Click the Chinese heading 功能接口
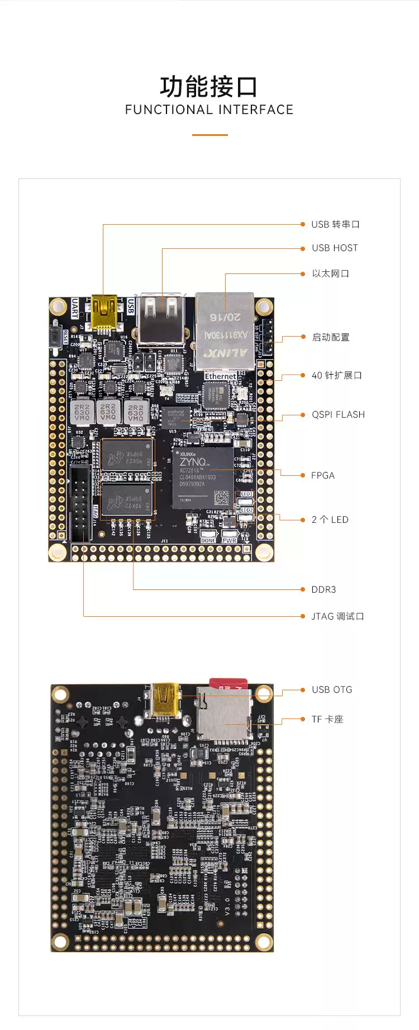pos(209,87)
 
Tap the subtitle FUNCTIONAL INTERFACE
pos(209,110)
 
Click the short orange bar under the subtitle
pos(209,135)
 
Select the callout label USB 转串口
pos(335,224)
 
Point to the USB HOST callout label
pos(335,248)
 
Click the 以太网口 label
pos(330,273)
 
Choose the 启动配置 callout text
pos(331,337)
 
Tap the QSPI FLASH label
pos(338,414)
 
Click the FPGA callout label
pos(323,475)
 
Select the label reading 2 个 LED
pos(330,519)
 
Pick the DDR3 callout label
pos(323,589)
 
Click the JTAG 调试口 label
pos(337,616)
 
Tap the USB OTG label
pos(332,689)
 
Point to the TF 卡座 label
pos(327,719)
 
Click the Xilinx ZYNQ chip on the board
pos(202,477)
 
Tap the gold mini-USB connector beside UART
pos(104,311)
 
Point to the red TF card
pos(228,684)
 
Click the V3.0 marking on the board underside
pos(227,904)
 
